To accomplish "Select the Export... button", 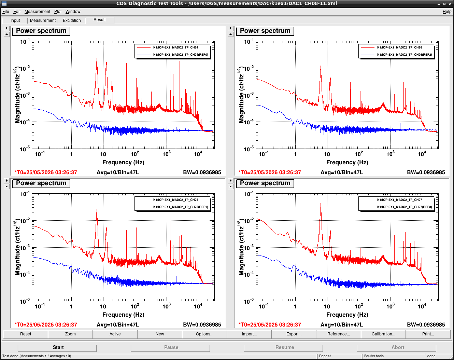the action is coord(294,334).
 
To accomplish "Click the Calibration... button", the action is coord(383,334).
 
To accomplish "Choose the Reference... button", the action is coord(338,334).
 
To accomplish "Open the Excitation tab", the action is coord(72,20).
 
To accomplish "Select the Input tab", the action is coord(15,20).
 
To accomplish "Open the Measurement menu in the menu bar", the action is coord(37,12).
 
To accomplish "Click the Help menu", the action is coord(447,12).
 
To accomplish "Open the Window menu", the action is coord(73,12).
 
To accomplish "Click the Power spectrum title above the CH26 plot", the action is coord(265,31).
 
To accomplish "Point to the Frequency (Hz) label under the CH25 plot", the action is coord(123,315).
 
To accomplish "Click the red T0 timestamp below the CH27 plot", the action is coord(270,325).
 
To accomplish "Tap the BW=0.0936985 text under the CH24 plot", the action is coord(202,172).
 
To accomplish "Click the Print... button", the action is coord(428,334).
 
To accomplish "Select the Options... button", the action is coord(204,334).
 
